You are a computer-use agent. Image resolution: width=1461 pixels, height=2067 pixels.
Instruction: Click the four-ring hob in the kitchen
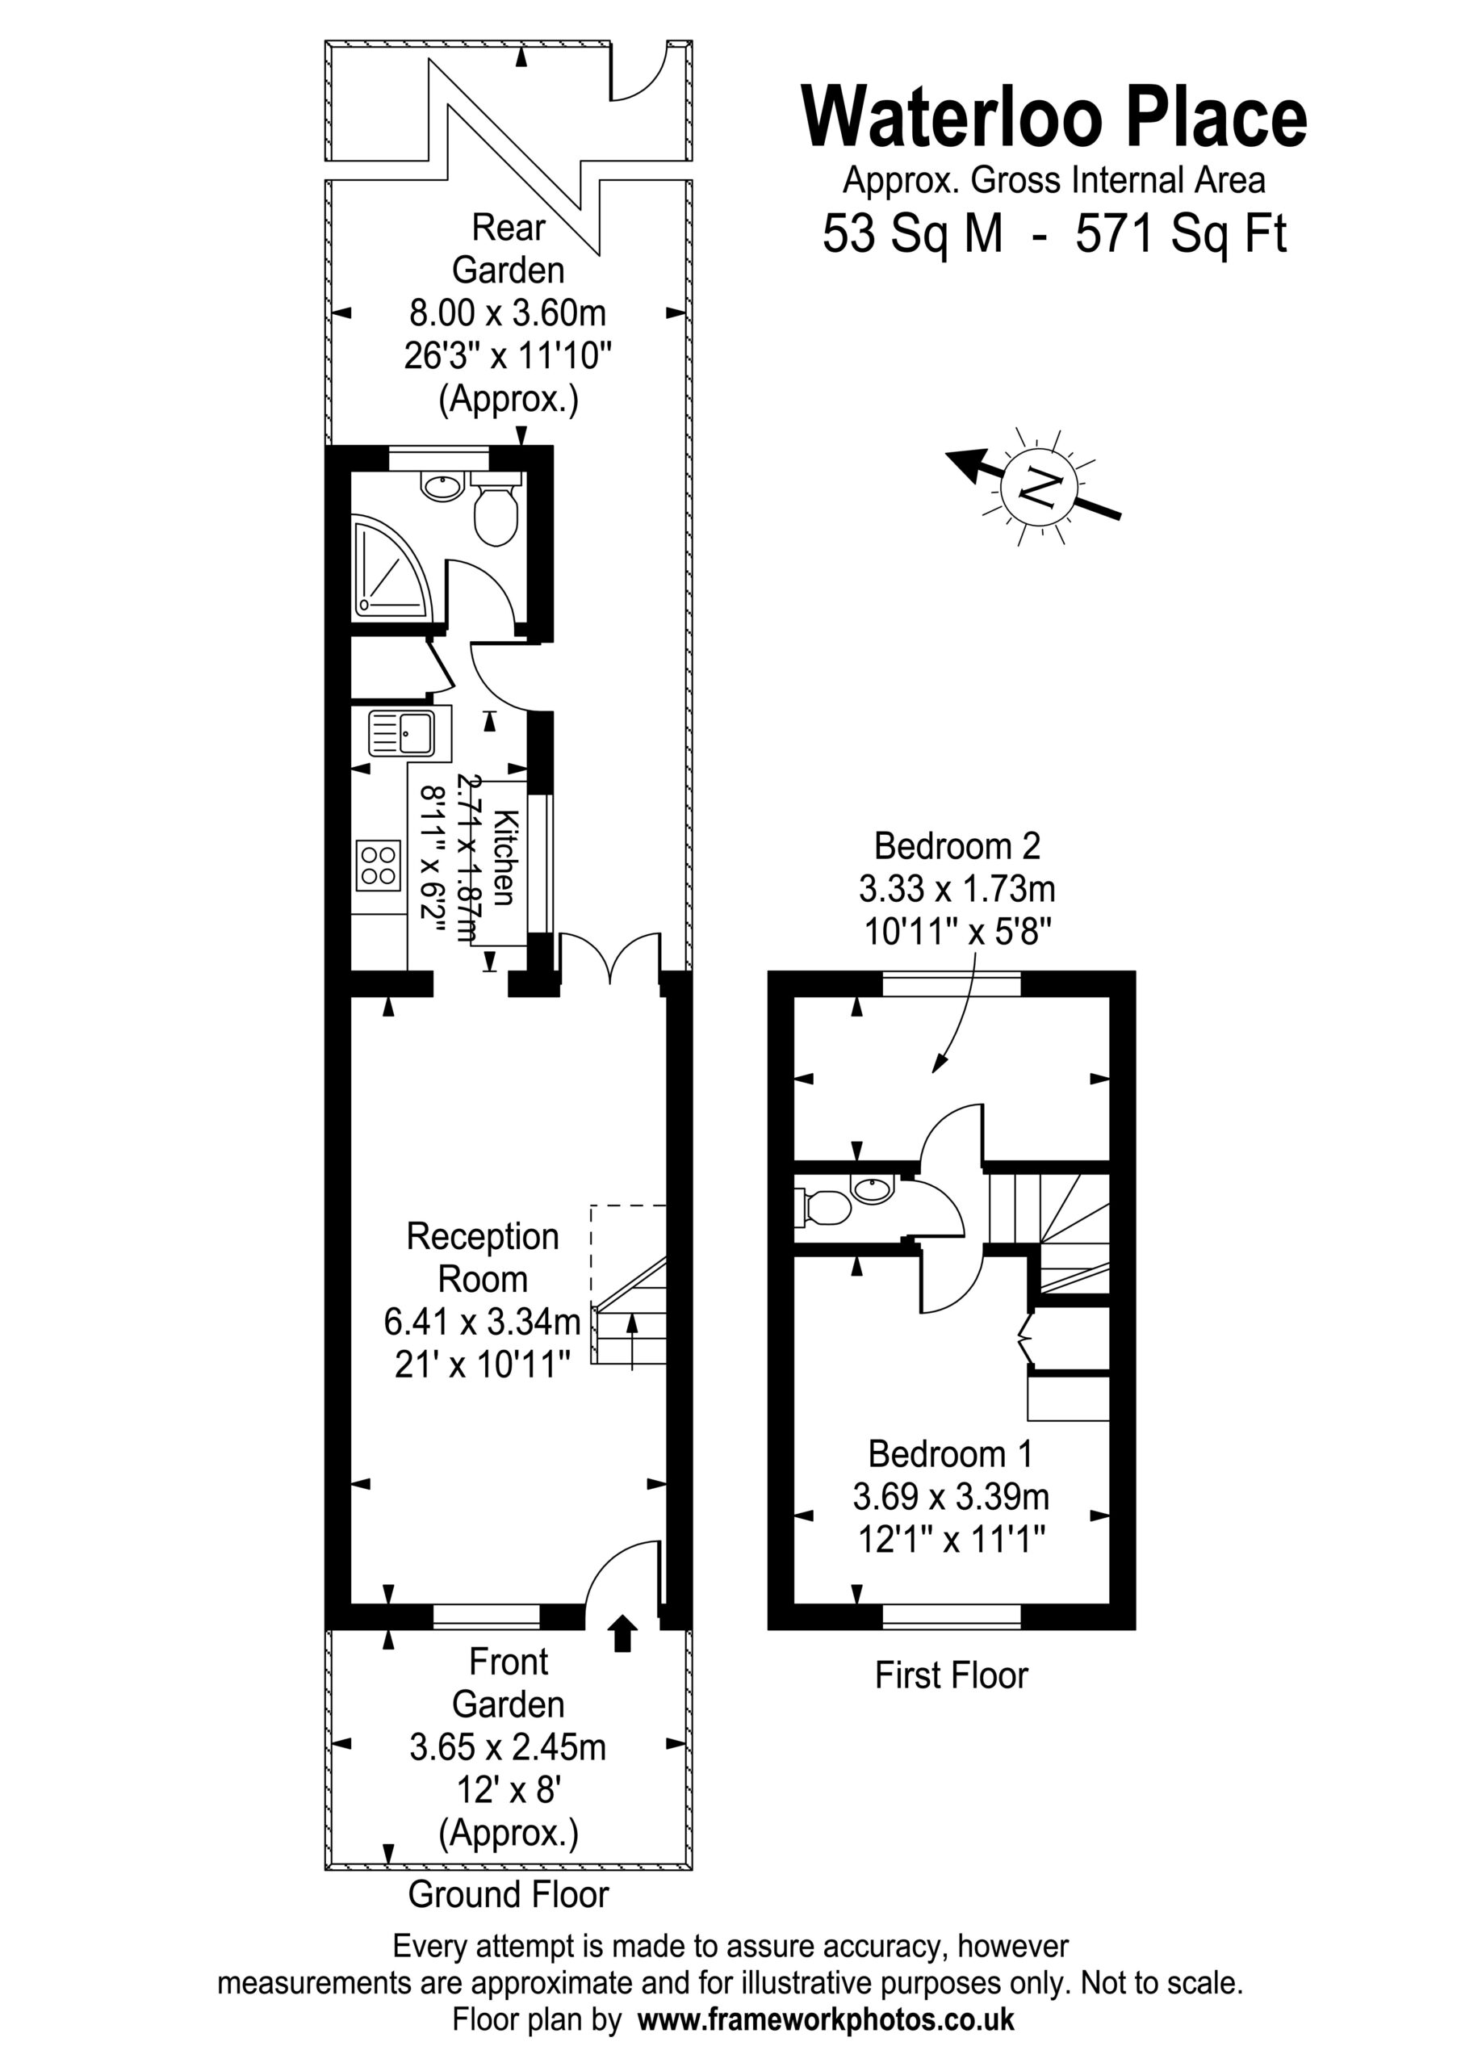378,864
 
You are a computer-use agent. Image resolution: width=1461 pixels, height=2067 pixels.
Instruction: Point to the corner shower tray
391,566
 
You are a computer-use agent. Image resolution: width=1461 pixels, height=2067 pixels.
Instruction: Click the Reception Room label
483,1257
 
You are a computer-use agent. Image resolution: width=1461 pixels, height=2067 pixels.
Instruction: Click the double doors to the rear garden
610,956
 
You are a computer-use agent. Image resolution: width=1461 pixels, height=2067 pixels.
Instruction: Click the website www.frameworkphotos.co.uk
826,2019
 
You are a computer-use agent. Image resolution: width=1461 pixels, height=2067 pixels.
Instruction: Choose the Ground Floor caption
509,1894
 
